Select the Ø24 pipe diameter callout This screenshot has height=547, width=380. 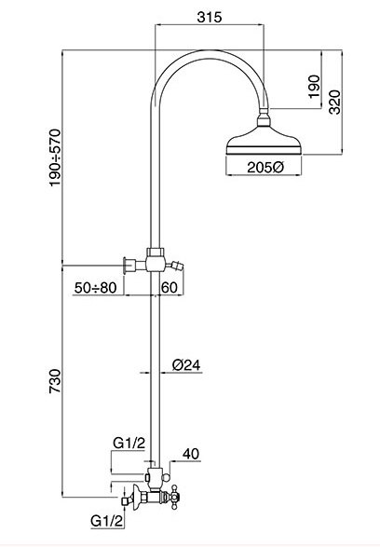pyautogui.click(x=186, y=366)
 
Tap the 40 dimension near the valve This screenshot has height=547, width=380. pyautogui.click(x=191, y=454)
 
